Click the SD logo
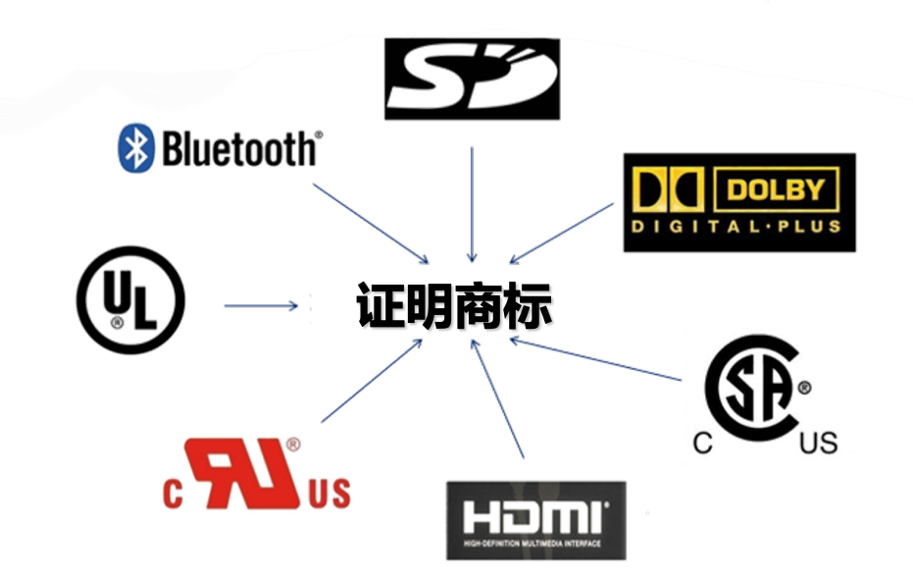click(x=472, y=79)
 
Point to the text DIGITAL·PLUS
click(x=738, y=227)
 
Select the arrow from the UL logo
click(x=260, y=306)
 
